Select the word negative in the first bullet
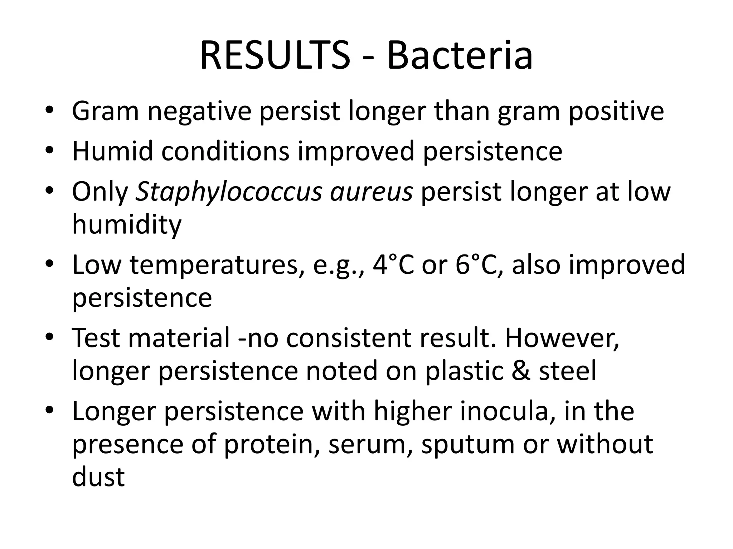tap(199, 112)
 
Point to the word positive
tap(616, 112)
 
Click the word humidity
tap(127, 224)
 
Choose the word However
tap(562, 338)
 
